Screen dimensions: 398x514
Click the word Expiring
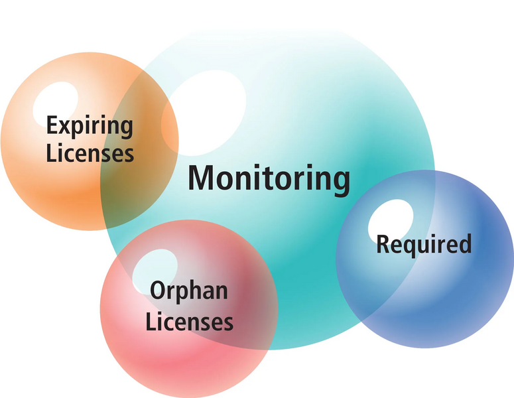(90, 127)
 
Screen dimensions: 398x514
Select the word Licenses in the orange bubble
(90, 154)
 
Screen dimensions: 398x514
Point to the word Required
(424, 244)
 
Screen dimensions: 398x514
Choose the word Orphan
(189, 292)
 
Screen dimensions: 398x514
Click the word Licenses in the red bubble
(190, 322)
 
